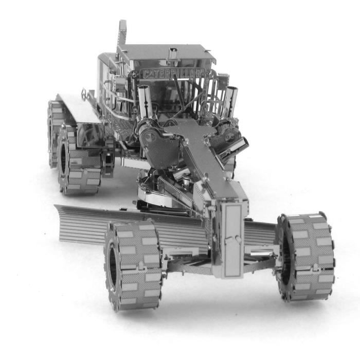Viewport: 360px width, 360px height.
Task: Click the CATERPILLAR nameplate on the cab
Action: [x=173, y=73]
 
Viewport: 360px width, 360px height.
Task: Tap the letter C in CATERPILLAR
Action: [x=146, y=74]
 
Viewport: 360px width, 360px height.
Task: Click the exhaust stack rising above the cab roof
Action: [x=122, y=33]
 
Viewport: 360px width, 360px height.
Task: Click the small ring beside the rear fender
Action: [x=84, y=94]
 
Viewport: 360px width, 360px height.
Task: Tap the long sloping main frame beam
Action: [x=201, y=154]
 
